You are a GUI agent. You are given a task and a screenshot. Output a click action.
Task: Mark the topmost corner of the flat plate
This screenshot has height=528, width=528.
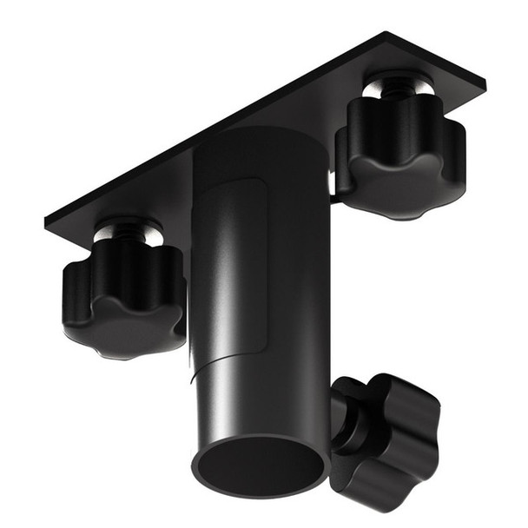tap(386, 34)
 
